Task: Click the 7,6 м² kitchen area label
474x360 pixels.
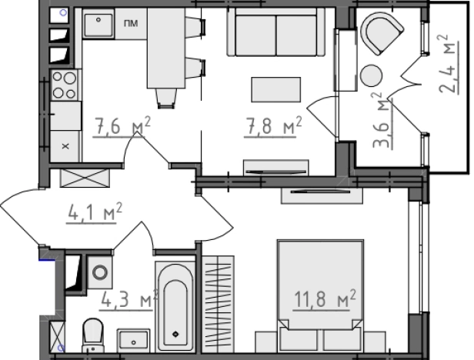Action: tap(122, 125)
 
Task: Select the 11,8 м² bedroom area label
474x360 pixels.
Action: tap(325, 298)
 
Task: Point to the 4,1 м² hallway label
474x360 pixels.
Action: tap(95, 212)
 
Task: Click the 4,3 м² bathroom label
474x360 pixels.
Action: tap(129, 299)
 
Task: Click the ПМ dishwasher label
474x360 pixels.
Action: tap(131, 23)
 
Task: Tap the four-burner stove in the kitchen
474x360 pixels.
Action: tap(65, 85)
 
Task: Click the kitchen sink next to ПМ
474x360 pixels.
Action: tap(98, 24)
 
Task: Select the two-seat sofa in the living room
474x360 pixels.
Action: tap(275, 32)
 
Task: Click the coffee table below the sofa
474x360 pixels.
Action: tap(276, 89)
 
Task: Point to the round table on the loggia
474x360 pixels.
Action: tap(371, 75)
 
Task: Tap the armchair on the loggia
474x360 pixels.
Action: tap(382, 33)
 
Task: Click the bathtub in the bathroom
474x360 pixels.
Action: tap(175, 306)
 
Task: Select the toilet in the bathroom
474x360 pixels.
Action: tap(93, 335)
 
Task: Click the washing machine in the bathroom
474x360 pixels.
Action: tap(100, 272)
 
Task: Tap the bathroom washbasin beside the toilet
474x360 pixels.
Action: tap(133, 340)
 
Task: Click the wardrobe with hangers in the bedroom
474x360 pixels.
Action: tap(218, 304)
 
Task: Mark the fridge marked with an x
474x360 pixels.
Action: tap(65, 146)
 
